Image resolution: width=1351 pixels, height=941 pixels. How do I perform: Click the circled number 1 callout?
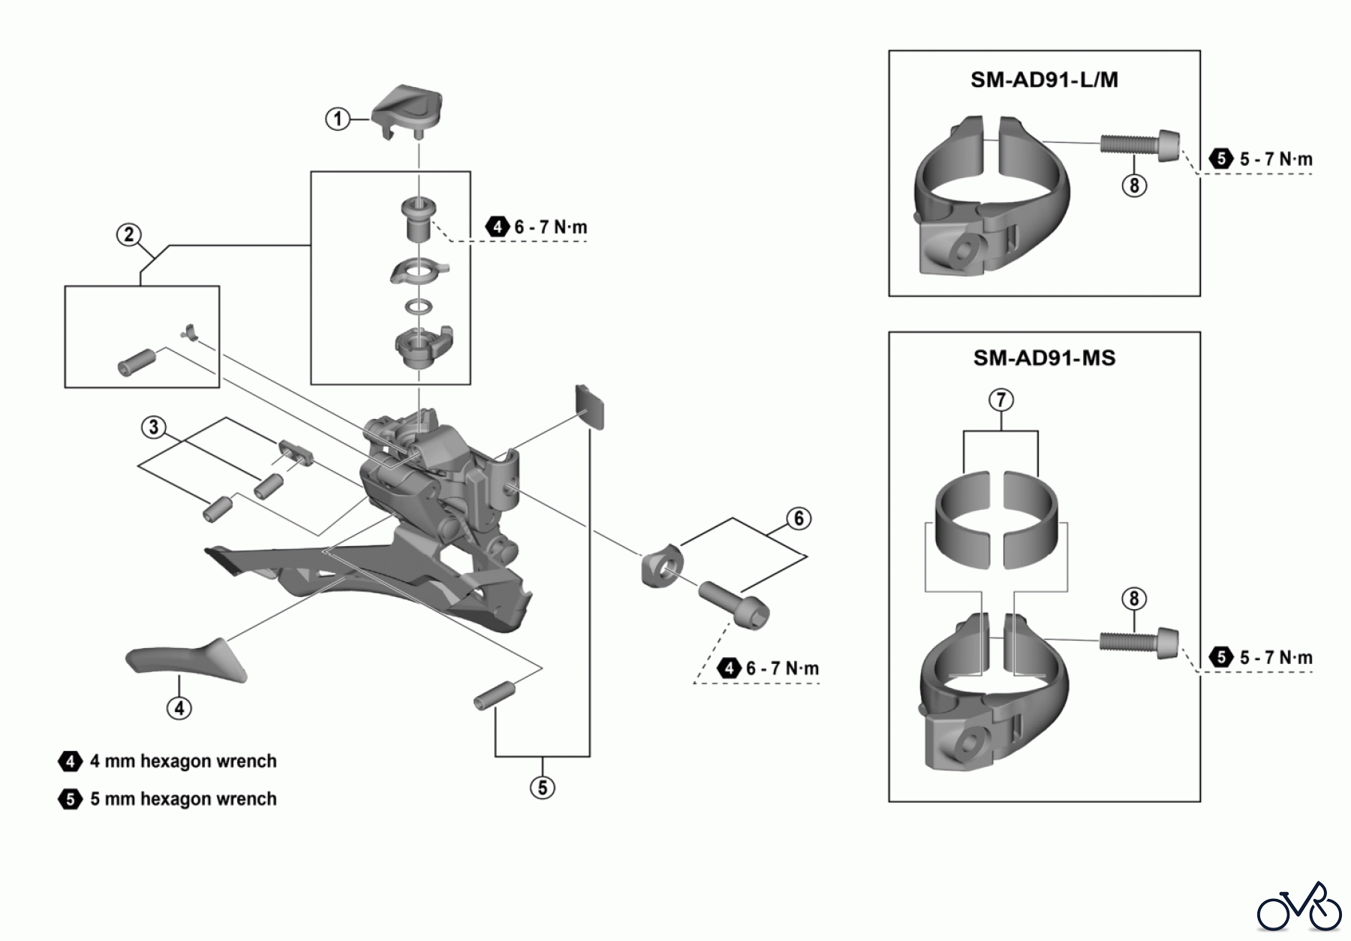pyautogui.click(x=338, y=119)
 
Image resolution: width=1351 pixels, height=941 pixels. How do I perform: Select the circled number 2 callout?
pyautogui.click(x=129, y=235)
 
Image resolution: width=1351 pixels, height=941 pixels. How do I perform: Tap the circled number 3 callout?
pyautogui.click(x=154, y=427)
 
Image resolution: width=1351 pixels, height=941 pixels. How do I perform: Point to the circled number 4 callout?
pyautogui.click(x=179, y=707)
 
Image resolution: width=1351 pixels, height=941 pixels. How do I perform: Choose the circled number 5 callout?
pyautogui.click(x=542, y=787)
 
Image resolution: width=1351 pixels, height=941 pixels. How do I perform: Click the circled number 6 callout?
pyautogui.click(x=799, y=518)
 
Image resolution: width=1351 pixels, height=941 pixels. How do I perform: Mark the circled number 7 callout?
pyautogui.click(x=1001, y=400)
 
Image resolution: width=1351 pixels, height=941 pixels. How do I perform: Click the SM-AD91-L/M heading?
pyautogui.click(x=1044, y=80)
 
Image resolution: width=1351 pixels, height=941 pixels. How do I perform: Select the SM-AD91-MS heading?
pyautogui.click(x=1044, y=357)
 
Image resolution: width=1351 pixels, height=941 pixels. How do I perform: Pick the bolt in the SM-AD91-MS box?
pyautogui.click(x=1139, y=641)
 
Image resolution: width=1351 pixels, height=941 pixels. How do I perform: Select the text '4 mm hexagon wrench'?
pyautogui.click(x=183, y=762)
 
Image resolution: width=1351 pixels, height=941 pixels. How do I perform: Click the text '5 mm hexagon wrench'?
pyautogui.click(x=183, y=799)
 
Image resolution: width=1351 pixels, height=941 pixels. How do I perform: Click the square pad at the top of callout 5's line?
pyautogui.click(x=590, y=406)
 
